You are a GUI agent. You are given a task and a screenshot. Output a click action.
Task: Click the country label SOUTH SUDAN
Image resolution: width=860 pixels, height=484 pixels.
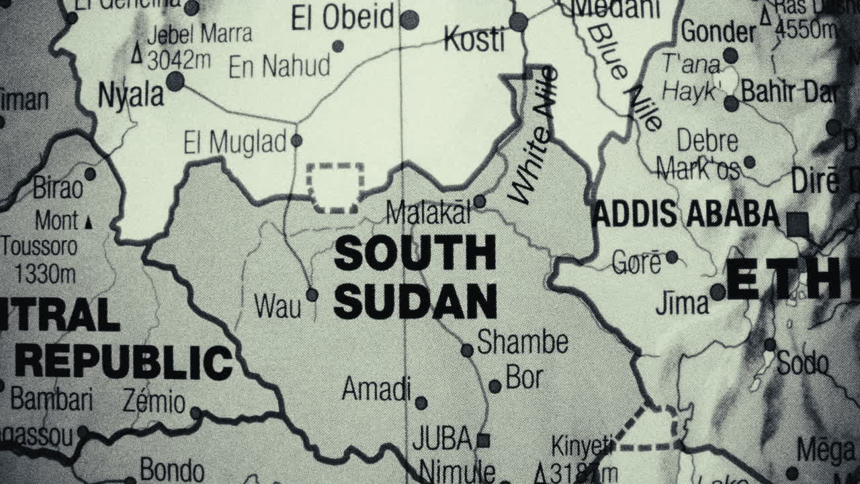tap(415, 277)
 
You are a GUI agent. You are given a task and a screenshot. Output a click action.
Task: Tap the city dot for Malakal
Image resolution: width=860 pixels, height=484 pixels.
tap(480, 201)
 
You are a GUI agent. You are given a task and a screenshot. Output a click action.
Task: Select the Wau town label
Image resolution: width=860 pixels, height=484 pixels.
tap(278, 307)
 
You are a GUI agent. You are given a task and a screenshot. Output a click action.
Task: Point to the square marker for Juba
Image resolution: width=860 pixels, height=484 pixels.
tap(482, 441)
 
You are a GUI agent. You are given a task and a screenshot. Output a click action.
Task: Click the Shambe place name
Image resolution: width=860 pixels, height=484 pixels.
tap(523, 343)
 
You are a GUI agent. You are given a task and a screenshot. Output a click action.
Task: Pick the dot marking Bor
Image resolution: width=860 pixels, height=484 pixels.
tap(495, 386)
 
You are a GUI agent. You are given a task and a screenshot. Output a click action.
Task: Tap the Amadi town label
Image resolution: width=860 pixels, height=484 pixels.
tap(376, 389)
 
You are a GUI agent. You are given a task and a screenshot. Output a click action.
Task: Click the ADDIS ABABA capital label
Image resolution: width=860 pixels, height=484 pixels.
tap(686, 214)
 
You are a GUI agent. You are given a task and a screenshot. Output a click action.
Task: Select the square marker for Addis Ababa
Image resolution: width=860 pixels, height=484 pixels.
tap(798, 224)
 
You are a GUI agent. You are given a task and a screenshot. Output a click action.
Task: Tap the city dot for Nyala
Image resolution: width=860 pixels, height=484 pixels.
tap(175, 81)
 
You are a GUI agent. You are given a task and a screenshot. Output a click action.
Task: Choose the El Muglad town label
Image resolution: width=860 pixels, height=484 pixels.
tap(235, 143)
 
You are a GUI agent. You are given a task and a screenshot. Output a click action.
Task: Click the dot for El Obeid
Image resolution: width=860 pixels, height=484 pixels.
tap(409, 19)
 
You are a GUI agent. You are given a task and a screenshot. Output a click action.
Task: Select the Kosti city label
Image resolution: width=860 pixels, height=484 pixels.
tap(474, 41)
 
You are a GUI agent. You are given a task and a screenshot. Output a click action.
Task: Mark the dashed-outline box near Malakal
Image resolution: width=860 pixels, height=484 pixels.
tap(335, 188)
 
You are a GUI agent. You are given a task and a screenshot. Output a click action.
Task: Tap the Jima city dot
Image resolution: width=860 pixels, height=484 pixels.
tap(718, 292)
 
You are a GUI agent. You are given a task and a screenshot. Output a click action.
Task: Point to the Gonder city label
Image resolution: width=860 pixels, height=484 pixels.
tap(718, 32)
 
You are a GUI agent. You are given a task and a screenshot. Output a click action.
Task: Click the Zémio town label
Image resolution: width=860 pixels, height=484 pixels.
tap(154, 402)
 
